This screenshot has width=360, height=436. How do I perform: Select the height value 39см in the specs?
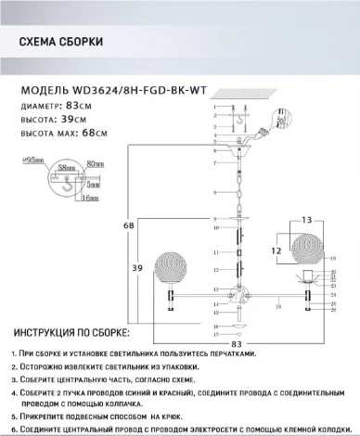click(84, 120)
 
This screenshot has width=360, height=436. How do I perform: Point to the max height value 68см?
click(109, 135)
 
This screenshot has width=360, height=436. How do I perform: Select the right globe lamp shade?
click(310, 252)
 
